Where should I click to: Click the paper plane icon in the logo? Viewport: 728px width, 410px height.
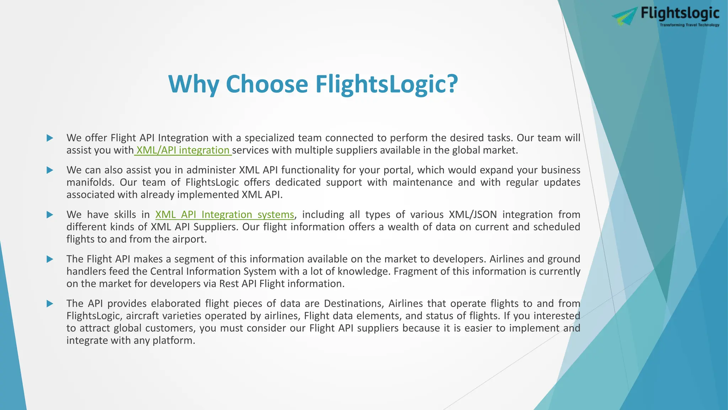point(625,16)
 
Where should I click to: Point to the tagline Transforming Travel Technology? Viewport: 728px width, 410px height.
point(689,25)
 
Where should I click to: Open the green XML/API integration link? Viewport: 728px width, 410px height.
point(183,150)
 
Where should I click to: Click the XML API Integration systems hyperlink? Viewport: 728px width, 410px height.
point(225,215)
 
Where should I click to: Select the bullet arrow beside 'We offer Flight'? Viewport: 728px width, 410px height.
point(50,138)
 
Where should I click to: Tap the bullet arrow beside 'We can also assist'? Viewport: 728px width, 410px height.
point(50,170)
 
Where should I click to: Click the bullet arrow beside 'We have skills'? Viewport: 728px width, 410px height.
point(50,215)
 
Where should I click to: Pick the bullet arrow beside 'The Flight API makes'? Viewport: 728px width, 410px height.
point(50,259)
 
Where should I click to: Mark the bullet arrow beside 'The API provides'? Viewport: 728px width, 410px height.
point(50,304)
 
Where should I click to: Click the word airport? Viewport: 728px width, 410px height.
point(189,239)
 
